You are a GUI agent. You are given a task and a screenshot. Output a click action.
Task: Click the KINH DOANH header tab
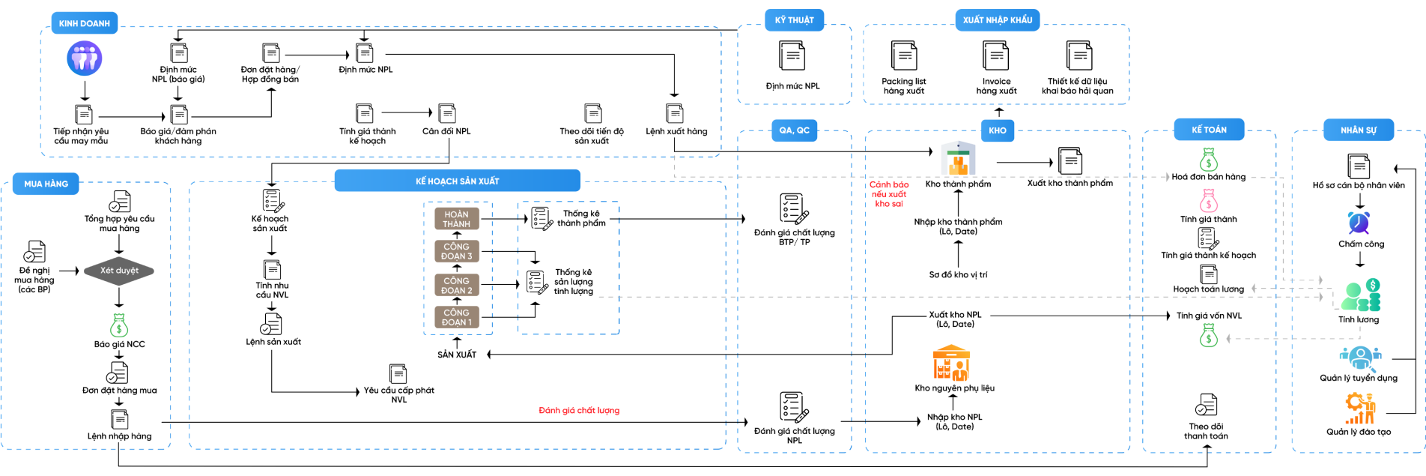[x=84, y=23]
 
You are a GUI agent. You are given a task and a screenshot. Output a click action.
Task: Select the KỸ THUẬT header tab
[x=794, y=20]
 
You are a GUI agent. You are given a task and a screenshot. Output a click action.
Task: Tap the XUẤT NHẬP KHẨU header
[x=997, y=20]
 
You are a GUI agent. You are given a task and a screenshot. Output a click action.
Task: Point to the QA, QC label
[x=794, y=130]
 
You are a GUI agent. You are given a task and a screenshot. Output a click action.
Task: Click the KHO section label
[x=997, y=130]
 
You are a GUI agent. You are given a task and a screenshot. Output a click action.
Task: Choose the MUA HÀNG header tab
[x=46, y=184]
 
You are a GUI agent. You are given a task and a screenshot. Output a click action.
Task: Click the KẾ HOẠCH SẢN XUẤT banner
[x=457, y=181]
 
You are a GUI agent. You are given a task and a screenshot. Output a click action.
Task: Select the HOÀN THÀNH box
[x=457, y=219]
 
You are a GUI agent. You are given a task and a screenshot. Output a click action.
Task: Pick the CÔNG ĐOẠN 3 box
[x=457, y=251]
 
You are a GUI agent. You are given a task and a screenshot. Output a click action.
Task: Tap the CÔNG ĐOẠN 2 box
[x=457, y=286]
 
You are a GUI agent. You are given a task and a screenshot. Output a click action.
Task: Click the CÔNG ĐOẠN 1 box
[x=457, y=317]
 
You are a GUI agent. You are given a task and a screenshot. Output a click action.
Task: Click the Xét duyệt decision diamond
[x=119, y=271]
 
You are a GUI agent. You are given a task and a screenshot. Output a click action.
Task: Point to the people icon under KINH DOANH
[x=85, y=58]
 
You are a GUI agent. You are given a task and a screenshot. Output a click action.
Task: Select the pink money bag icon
[x=1209, y=201]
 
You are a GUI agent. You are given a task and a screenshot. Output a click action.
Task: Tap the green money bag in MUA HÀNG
[x=119, y=325]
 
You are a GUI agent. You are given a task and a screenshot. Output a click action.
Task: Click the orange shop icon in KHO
[x=951, y=363]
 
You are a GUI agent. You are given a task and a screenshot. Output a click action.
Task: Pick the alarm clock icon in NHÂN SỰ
[x=1359, y=223]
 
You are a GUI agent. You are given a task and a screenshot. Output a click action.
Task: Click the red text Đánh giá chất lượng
[x=579, y=411]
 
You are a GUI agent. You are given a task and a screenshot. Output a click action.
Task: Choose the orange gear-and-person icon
[x=1360, y=408]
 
